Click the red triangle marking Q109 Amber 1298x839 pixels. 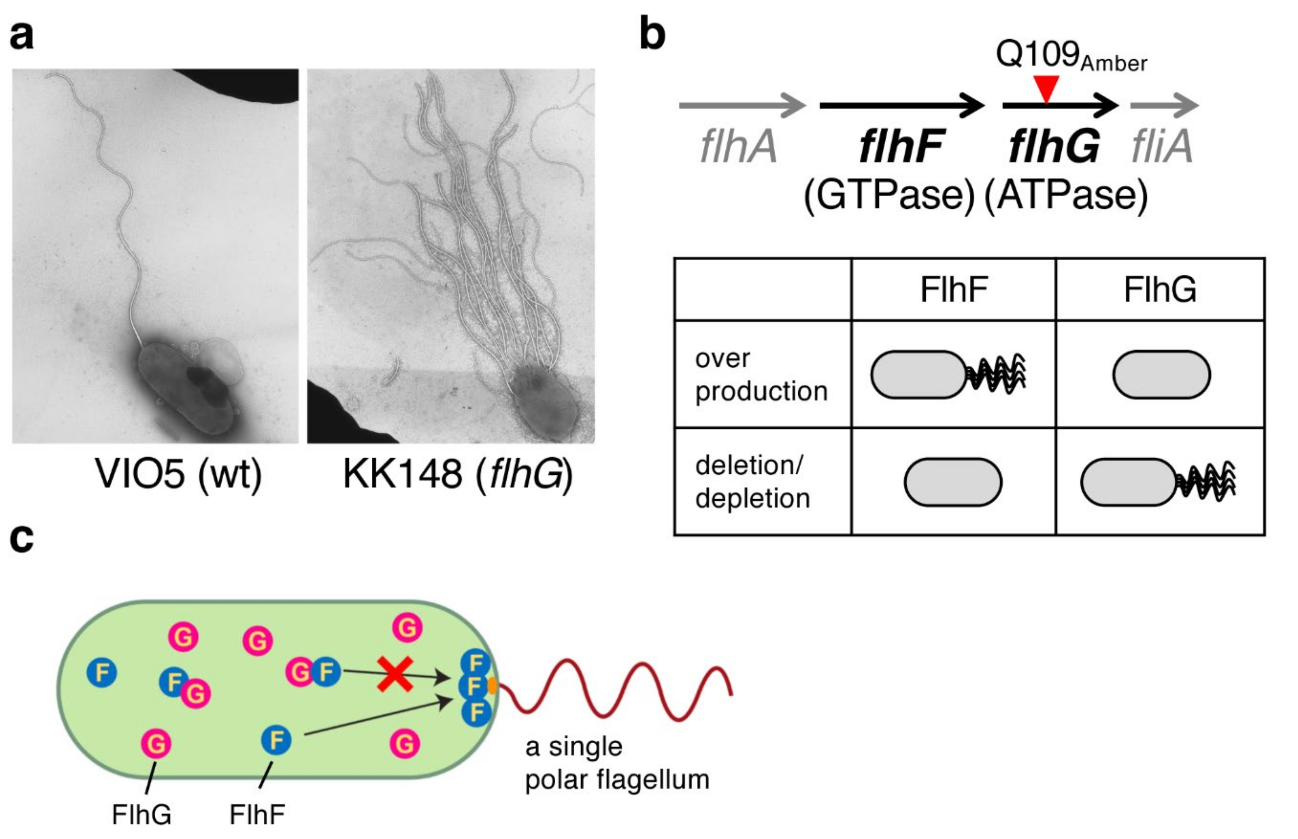(x=1046, y=88)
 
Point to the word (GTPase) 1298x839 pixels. (x=889, y=196)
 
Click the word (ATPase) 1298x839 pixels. (x=1067, y=196)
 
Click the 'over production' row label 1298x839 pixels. (x=761, y=375)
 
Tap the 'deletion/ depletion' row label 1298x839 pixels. (x=753, y=482)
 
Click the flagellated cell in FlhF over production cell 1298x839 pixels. (x=947, y=375)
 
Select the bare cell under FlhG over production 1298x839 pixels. (x=1161, y=375)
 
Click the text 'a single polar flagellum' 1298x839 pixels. (x=617, y=763)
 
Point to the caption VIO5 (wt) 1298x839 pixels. (x=178, y=473)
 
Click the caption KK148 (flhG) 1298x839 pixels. (x=458, y=473)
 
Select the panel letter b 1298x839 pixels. (x=652, y=34)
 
